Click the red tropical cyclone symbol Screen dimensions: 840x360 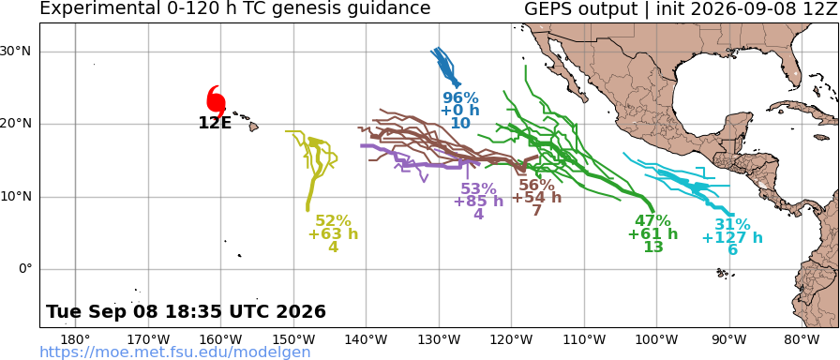[x=216, y=100]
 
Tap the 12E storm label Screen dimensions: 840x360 [x=215, y=123]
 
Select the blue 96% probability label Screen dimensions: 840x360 [x=460, y=98]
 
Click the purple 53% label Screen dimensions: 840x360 [x=478, y=189]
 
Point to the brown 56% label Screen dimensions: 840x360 [x=537, y=186]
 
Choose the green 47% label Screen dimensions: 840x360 [x=652, y=220]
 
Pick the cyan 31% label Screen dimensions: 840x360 [x=732, y=225]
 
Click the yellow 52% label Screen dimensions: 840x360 [x=333, y=220]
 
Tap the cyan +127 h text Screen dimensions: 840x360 [x=732, y=237]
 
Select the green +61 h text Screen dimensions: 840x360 [x=652, y=234]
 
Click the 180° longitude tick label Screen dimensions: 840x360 [x=76, y=339]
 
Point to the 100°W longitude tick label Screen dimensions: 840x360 [x=657, y=339]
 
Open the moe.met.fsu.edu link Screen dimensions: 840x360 [x=175, y=352]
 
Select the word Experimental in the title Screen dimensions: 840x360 [x=93, y=9]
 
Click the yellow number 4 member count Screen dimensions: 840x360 [x=333, y=247]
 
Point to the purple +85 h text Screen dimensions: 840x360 [x=478, y=202]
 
